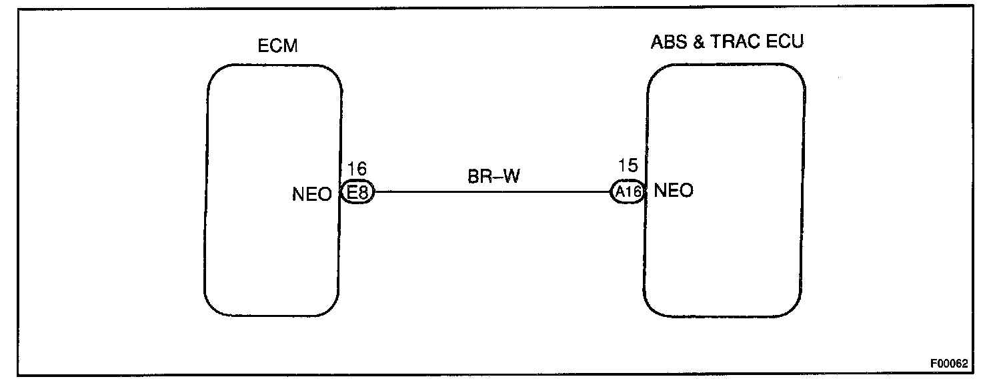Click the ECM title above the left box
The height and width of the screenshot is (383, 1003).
pos(277,46)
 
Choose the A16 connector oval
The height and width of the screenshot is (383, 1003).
pos(628,192)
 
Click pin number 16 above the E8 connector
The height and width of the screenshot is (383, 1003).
pos(357,169)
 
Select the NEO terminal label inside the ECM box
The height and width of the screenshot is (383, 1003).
pos(311,194)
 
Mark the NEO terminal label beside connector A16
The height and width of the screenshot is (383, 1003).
pos(674,191)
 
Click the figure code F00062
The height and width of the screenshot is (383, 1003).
pos(949,364)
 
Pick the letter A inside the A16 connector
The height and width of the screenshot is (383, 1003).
pos(620,192)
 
